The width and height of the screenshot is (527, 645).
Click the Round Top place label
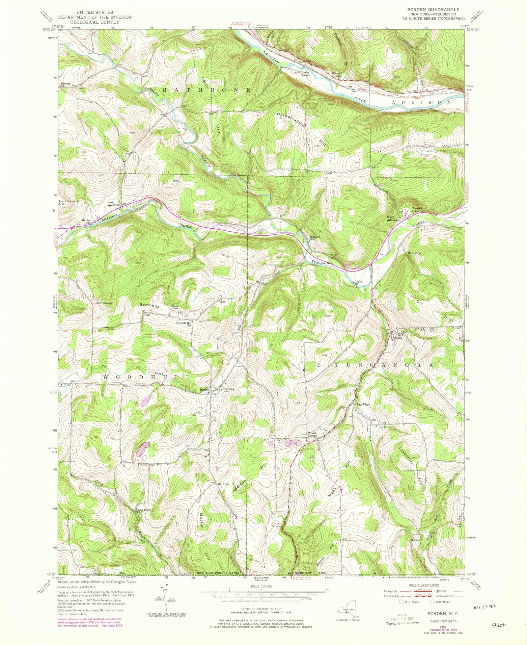[x=416, y=210]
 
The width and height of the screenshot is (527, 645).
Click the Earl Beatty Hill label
[x=68, y=203]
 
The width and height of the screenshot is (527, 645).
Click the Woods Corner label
[x=312, y=434]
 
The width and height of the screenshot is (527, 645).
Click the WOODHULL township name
[x=147, y=377]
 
